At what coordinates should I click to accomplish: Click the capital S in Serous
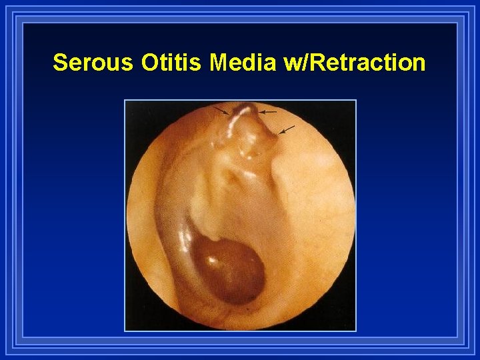pyautogui.click(x=60, y=63)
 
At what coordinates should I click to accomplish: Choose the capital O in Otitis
pyautogui.click(x=150, y=63)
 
